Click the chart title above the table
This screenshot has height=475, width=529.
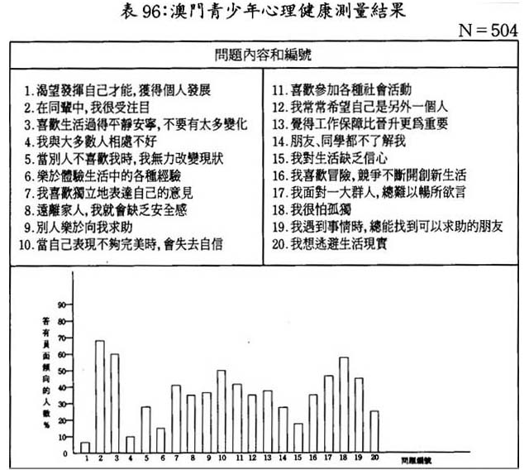click(x=264, y=11)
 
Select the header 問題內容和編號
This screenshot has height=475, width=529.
click(x=264, y=55)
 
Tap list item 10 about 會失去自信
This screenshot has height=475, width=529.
click(x=124, y=244)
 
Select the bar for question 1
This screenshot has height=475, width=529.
click(x=85, y=447)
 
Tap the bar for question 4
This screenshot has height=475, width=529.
click(x=130, y=444)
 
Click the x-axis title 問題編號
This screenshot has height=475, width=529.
click(x=412, y=458)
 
